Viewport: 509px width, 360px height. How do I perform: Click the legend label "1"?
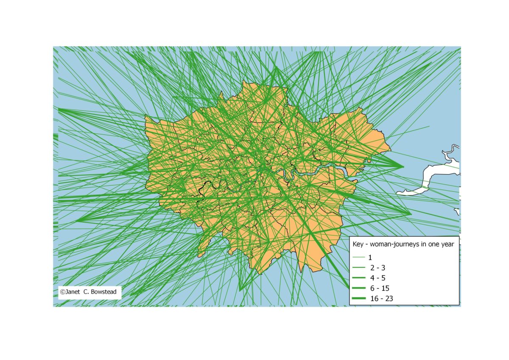370,257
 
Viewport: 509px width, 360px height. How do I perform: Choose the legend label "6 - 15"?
379,288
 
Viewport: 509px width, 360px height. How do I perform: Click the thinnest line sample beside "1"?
359,257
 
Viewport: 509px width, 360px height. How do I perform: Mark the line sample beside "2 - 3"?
359,268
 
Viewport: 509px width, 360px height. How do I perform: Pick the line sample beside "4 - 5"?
359,278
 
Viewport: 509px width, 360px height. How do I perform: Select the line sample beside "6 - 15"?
359,288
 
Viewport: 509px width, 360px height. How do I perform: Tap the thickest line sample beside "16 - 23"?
359,299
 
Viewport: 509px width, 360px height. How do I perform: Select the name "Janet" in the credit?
74,292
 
